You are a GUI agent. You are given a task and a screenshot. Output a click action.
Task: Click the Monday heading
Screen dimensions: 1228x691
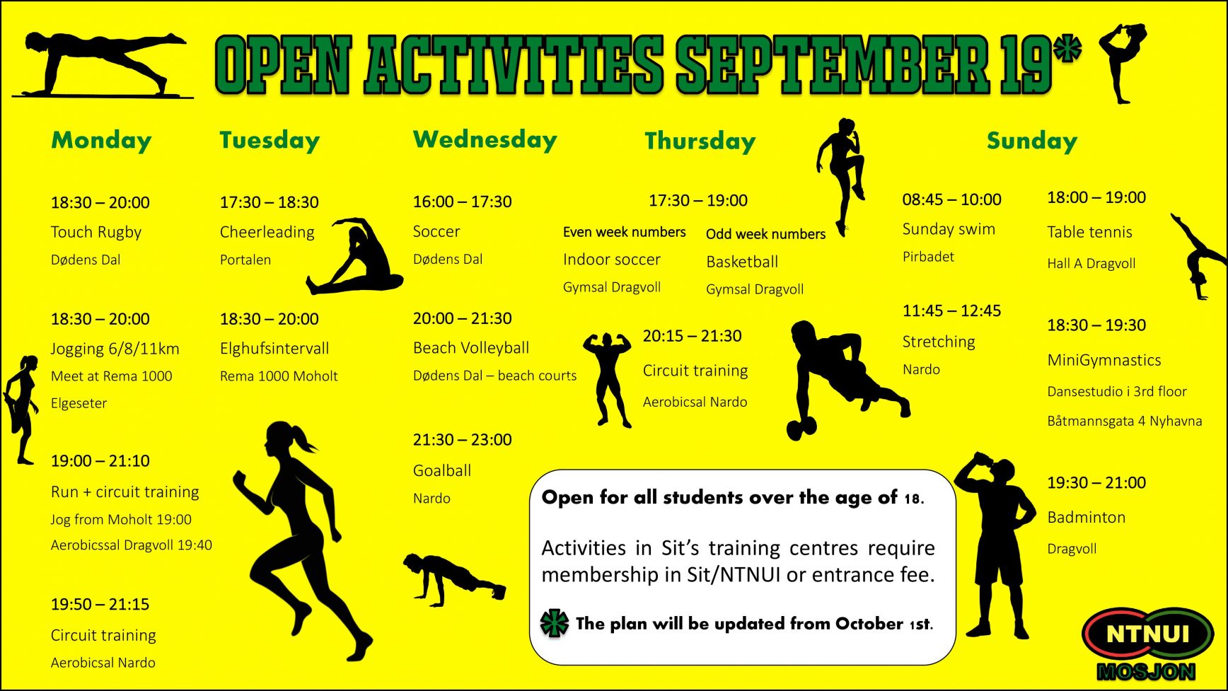pyautogui.click(x=101, y=140)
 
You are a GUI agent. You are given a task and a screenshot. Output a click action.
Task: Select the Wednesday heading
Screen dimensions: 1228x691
pyautogui.click(x=485, y=139)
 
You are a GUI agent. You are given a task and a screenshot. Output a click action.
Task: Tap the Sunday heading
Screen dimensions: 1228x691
pyautogui.click(x=1032, y=141)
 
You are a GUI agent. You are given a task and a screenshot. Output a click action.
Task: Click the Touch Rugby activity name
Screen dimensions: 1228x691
pyautogui.click(x=96, y=232)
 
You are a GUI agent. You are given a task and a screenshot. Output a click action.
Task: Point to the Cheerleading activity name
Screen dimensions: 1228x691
pyautogui.click(x=267, y=232)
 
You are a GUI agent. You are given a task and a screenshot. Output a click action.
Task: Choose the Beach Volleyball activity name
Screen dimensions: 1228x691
pyautogui.click(x=471, y=348)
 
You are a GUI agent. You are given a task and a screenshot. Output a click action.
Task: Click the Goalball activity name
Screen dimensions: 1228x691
pyautogui.click(x=442, y=470)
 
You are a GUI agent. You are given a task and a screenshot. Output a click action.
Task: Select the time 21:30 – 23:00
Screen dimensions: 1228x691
pyautogui.click(x=463, y=440)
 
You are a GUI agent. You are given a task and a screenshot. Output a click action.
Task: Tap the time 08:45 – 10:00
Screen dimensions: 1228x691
pyautogui.click(x=952, y=199)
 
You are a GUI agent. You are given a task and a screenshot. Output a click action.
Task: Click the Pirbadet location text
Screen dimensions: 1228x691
pyautogui.click(x=928, y=257)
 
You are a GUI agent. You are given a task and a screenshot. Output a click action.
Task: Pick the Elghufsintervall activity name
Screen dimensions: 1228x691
pyautogui.click(x=274, y=349)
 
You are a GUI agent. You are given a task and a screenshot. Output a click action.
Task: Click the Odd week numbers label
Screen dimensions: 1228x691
pyautogui.click(x=766, y=234)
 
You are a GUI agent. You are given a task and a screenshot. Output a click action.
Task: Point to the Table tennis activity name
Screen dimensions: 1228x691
pyautogui.click(x=1090, y=232)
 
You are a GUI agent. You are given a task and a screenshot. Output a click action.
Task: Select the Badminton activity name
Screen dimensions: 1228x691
pyautogui.click(x=1087, y=517)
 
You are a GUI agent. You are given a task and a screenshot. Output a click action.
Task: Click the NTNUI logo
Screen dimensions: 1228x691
pyautogui.click(x=1148, y=643)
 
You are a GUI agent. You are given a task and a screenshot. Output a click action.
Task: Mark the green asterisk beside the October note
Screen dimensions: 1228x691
pyautogui.click(x=555, y=623)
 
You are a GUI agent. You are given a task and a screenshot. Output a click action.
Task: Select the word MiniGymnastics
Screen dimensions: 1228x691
pyautogui.click(x=1104, y=361)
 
